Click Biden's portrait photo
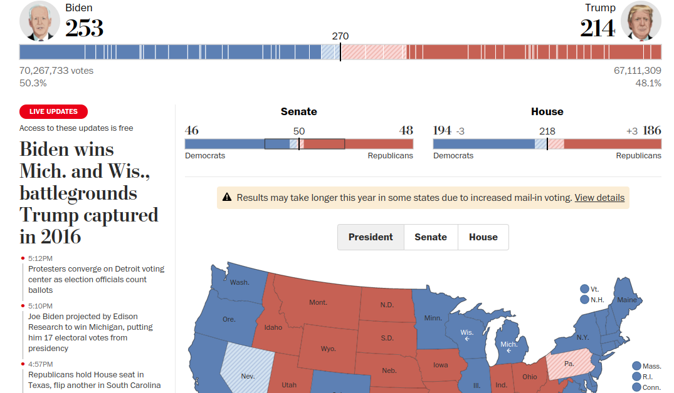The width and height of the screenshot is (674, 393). click(39, 21)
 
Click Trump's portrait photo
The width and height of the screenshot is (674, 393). click(641, 21)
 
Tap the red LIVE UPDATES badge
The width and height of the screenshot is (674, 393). click(53, 111)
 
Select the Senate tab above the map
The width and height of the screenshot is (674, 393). click(431, 237)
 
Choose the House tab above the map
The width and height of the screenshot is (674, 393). click(483, 237)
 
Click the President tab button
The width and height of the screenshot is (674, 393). click(371, 237)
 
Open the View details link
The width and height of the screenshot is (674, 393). click(599, 198)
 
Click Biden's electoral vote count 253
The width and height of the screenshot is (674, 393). click(84, 28)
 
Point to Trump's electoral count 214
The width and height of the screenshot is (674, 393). click(598, 28)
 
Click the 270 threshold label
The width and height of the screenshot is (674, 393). click(340, 36)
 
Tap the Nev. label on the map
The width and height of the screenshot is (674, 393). click(248, 376)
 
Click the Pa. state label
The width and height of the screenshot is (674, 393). click(569, 364)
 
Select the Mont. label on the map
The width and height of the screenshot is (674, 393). click(318, 303)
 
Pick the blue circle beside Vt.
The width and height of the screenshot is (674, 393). click(584, 289)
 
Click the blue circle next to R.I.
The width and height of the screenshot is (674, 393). click(637, 377)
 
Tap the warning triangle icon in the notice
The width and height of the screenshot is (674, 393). click(227, 198)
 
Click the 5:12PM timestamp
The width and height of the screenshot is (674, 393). click(41, 258)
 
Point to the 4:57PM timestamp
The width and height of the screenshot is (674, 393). click(41, 364)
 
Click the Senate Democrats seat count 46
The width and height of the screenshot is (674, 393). click(192, 130)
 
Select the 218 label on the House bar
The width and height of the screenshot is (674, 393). click(547, 131)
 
